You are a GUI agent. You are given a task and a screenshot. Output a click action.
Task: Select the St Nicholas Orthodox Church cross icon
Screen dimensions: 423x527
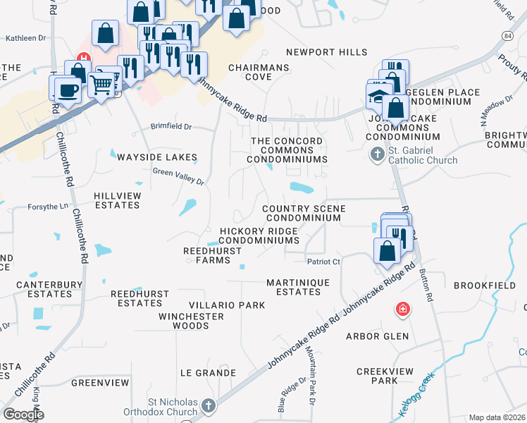208,406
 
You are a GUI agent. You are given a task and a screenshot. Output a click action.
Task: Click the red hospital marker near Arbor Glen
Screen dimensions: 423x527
402,309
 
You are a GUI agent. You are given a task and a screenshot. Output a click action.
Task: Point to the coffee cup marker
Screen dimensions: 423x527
68,90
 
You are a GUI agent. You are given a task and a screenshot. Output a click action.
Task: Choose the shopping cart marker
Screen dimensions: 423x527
102,85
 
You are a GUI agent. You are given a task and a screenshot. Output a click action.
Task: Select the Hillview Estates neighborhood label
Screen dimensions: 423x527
118,200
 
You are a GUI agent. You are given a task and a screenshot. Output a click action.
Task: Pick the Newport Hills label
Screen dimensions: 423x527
327,52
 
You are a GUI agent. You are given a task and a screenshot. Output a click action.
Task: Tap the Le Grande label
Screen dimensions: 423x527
208,372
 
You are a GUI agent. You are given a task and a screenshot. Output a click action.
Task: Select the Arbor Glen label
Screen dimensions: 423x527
377,336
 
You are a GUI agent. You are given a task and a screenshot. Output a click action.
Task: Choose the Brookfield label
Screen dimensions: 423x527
485,285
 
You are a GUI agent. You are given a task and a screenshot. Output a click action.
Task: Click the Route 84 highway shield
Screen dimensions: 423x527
508,35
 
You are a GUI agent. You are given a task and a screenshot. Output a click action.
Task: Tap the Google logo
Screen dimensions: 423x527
23,415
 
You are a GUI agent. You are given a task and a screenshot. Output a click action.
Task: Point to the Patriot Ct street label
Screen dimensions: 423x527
324,262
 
